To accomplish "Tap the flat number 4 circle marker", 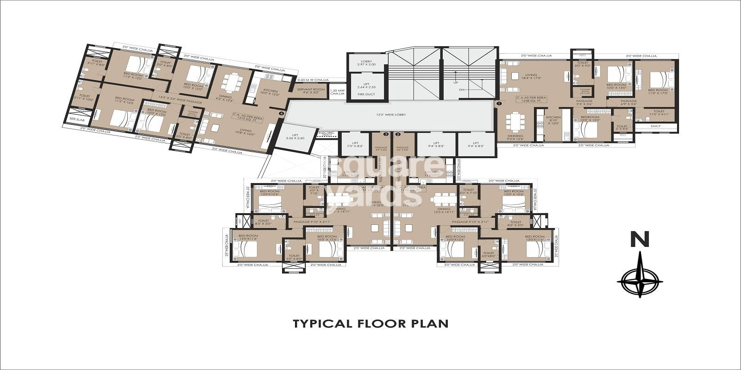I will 280,113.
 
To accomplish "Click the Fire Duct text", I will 367,94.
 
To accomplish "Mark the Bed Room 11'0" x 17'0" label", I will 658,92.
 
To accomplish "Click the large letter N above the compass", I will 639,240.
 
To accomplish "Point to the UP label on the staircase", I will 455,83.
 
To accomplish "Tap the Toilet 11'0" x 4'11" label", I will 659,113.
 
